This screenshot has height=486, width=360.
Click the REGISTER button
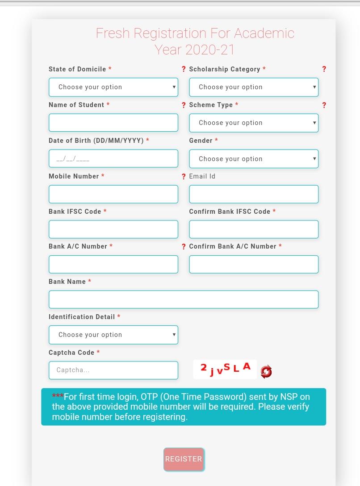184,459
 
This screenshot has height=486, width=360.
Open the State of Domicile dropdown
113,87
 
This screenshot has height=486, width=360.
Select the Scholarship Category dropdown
253,87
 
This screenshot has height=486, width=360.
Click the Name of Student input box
113,123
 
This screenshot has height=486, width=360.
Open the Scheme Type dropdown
253,123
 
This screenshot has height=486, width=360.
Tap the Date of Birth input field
113,158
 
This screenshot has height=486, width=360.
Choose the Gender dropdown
253,159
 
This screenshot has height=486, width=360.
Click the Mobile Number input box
113,194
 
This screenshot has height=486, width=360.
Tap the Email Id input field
253,194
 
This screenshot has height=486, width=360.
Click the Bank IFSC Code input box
113,229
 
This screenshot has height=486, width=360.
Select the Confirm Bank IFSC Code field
253,229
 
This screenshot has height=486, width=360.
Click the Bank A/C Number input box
113,264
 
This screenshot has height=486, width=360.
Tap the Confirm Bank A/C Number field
253,264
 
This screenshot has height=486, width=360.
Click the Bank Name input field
183,299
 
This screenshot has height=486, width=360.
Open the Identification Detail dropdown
113,335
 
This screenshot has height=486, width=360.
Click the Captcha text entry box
113,370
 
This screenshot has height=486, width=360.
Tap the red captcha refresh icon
266,371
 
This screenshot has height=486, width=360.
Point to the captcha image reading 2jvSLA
225,369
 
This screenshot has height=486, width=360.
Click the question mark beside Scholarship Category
324,69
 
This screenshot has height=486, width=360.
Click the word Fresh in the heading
113,33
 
